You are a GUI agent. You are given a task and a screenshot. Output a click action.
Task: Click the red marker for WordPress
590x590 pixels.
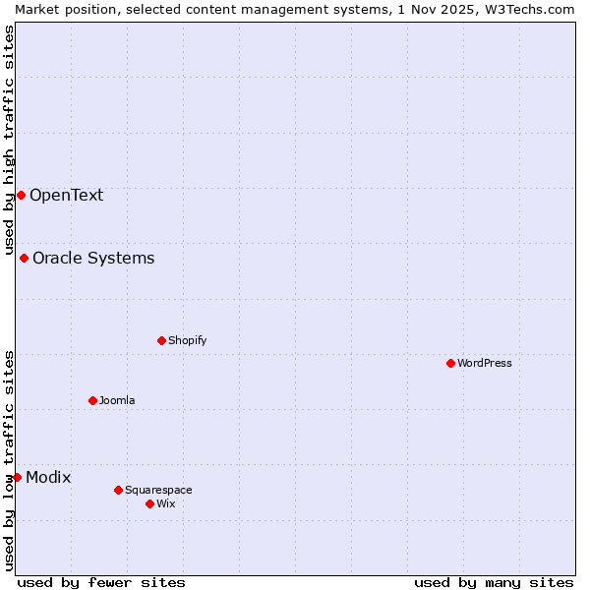coord(450,363)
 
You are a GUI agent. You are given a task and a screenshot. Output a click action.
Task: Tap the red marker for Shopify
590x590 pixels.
coord(161,340)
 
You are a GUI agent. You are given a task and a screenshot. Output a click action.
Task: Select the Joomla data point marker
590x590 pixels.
coord(92,400)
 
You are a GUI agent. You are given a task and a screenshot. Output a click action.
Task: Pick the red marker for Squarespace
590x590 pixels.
coord(118,490)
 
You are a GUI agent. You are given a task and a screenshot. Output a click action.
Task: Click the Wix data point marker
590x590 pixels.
coord(149,503)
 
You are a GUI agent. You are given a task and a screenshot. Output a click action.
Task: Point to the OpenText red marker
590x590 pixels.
coord(21,195)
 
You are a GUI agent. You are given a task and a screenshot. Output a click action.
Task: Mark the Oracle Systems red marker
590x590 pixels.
coord(24,258)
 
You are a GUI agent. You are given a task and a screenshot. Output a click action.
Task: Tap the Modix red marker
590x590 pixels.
coord(17,477)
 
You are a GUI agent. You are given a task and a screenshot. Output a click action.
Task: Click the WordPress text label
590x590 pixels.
coord(484,363)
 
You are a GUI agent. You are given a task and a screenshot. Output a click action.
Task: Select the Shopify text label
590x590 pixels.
coord(187,340)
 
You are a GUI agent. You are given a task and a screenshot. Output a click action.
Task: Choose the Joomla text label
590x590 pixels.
coord(117,400)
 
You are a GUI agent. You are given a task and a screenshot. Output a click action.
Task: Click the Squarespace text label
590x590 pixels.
coord(158,490)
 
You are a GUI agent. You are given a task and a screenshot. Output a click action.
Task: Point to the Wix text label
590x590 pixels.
coord(165,503)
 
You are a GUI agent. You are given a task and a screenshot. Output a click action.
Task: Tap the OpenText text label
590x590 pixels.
coord(66,195)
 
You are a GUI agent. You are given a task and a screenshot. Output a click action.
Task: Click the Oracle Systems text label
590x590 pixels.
coord(93,258)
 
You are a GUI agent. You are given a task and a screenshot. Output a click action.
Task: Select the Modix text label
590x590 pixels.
coord(48,477)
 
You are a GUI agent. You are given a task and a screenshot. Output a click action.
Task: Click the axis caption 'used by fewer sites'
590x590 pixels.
coord(101,582)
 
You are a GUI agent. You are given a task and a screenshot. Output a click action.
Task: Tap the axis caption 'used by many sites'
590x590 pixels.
coord(494,582)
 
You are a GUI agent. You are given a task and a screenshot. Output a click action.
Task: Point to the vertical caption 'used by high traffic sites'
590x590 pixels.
coord(9,140)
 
